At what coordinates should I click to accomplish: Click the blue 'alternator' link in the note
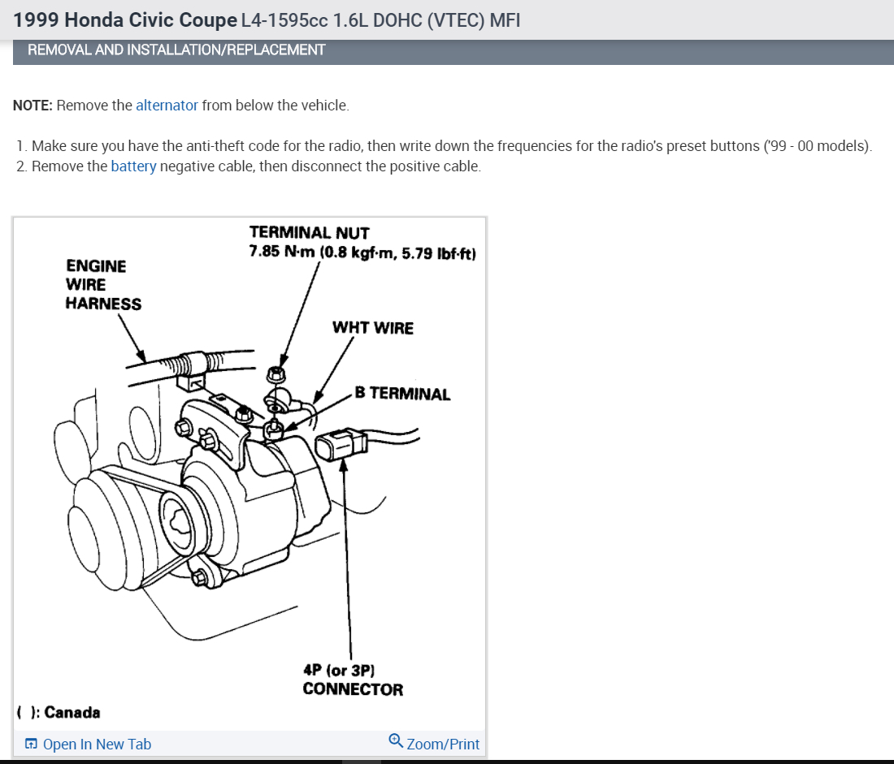click(167, 106)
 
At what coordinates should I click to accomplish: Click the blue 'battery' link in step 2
click(133, 166)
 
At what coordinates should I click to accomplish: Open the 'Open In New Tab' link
click(96, 745)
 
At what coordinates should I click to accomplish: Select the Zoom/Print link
click(442, 744)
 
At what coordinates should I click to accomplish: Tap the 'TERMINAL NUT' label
click(309, 234)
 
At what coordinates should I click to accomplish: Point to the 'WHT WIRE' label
click(372, 328)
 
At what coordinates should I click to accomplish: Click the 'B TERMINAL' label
click(401, 395)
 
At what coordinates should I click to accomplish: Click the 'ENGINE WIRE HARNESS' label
click(102, 285)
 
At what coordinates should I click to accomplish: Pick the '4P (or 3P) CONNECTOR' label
click(352, 680)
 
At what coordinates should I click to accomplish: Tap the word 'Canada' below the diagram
click(72, 713)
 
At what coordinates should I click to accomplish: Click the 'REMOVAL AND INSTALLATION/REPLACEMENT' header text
click(176, 50)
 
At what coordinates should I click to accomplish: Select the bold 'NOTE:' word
click(33, 106)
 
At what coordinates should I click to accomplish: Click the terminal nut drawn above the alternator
click(275, 373)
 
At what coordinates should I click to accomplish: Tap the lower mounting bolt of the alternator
click(197, 578)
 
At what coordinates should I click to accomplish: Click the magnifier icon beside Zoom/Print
click(396, 740)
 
